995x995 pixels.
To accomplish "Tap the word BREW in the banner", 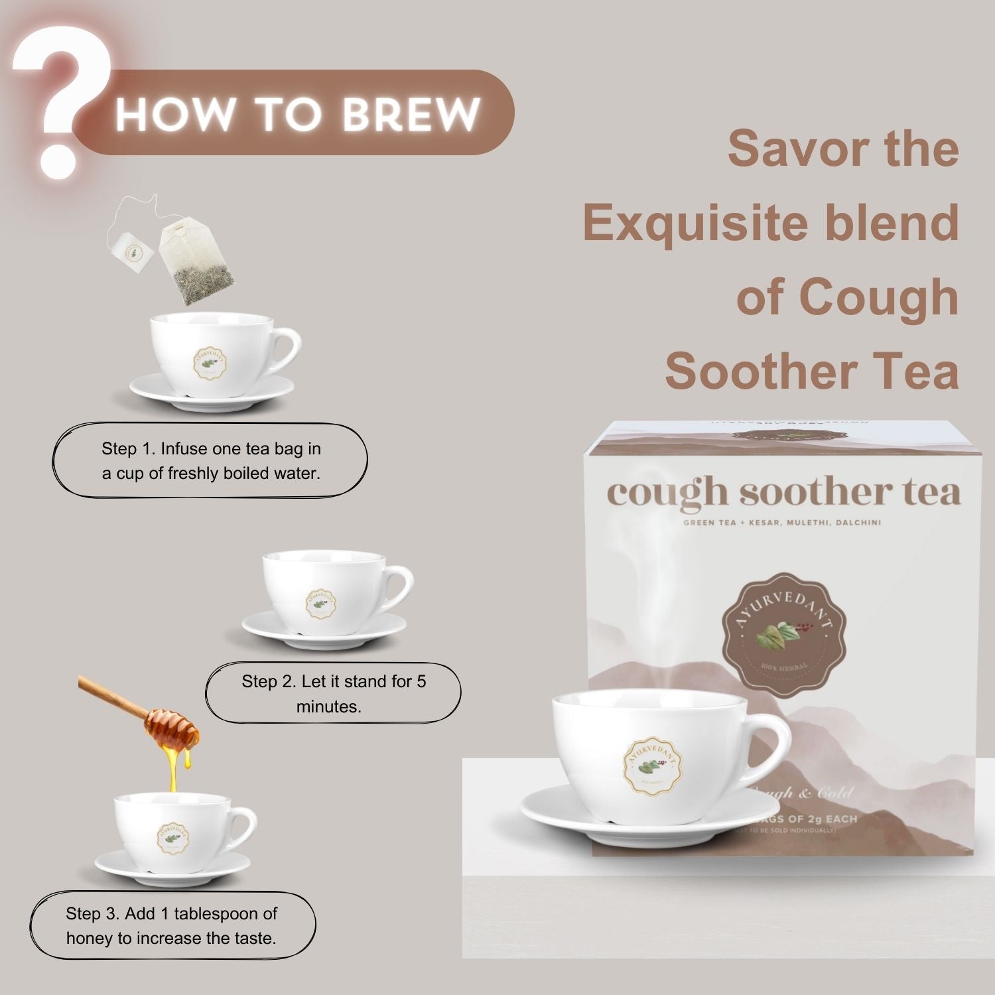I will pyautogui.click(x=411, y=114).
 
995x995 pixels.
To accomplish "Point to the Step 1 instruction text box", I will pyautogui.click(x=210, y=460).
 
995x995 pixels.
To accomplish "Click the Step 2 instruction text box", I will pyautogui.click(x=333, y=693).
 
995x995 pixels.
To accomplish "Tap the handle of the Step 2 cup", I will pyautogui.click(x=400, y=586).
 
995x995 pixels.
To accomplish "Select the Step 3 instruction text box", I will pyautogui.click(x=172, y=925).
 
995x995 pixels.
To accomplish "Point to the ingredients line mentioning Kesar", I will pyautogui.click(x=782, y=523).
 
